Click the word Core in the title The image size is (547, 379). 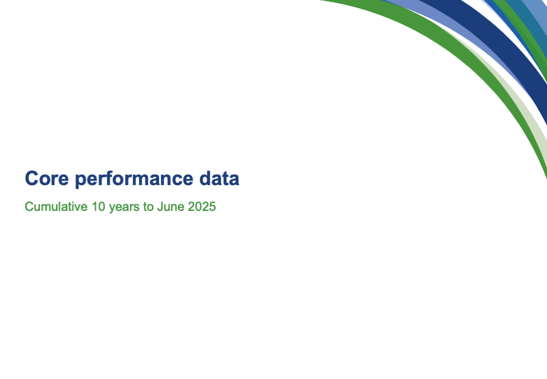click(x=46, y=178)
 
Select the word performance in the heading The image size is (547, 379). click(x=134, y=180)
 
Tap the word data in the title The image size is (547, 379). click(x=219, y=178)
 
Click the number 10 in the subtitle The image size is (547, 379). click(x=98, y=206)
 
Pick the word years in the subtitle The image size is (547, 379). click(x=125, y=208)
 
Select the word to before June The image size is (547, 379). click(x=148, y=207)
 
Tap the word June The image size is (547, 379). click(x=171, y=206)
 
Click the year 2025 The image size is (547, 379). click(x=202, y=206)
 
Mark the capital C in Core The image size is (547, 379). click(x=31, y=178)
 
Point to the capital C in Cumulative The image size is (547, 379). click(x=29, y=206)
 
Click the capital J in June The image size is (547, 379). click(x=160, y=206)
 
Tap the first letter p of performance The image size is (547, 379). click(x=80, y=181)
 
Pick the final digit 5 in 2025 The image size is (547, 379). click(x=212, y=206)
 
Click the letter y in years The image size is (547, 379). click(x=112, y=209)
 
